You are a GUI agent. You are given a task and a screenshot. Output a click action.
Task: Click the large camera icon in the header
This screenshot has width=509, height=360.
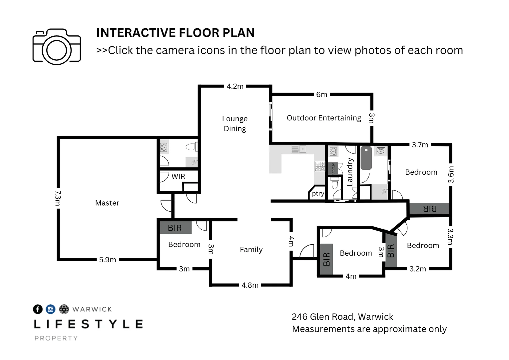click(x=57, y=47)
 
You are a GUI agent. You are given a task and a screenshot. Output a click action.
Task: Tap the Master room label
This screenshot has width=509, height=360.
click(x=107, y=203)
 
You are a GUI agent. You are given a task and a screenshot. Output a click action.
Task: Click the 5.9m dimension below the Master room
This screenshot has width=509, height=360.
click(x=108, y=260)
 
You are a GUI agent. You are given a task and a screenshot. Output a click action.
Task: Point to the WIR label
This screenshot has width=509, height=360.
click(x=178, y=176)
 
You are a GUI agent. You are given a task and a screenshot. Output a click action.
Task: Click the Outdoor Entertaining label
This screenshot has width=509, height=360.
click(x=324, y=118)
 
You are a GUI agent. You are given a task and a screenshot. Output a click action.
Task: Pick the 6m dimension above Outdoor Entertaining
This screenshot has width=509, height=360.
click(x=322, y=94)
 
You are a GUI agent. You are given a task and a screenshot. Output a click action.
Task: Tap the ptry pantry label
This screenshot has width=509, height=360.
click(x=318, y=194)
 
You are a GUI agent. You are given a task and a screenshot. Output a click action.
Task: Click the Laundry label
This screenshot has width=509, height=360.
click(x=350, y=172)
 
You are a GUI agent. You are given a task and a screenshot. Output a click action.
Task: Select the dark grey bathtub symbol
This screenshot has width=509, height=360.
click(x=366, y=158)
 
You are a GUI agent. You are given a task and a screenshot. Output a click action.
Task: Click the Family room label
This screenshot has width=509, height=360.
click(x=251, y=250)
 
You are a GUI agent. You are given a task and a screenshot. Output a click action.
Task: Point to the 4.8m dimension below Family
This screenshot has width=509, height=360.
click(x=250, y=285)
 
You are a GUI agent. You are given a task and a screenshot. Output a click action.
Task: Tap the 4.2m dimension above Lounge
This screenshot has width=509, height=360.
click(x=235, y=86)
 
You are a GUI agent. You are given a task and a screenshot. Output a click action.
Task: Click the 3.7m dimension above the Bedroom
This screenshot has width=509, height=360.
click(x=420, y=145)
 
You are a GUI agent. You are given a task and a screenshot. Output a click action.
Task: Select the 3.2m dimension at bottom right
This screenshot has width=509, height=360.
click(x=418, y=269)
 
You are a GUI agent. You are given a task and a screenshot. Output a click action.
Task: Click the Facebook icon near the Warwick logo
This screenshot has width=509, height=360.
click(x=38, y=309)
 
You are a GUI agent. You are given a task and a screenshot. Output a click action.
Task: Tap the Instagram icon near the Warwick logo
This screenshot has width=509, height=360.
click(x=50, y=309)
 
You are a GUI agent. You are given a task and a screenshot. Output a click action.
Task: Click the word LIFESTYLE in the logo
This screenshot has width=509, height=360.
click(x=88, y=324)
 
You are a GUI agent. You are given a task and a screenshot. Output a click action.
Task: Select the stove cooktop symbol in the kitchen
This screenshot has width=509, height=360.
click(x=320, y=166)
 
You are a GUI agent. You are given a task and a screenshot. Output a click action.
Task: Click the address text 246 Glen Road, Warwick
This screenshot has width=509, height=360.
click(x=342, y=317)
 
